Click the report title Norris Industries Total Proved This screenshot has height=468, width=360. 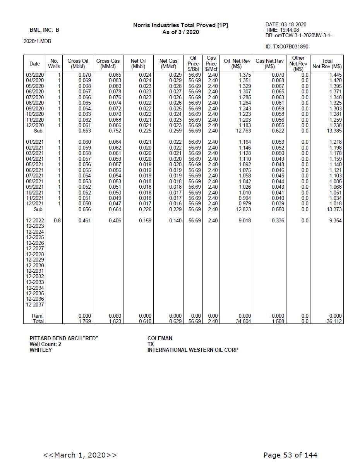[180, 25]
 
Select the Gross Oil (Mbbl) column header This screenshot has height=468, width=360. [77, 64]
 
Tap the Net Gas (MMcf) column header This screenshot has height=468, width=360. [168, 64]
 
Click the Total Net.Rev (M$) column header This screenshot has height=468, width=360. [327, 64]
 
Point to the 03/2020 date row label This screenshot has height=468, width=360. [35, 75]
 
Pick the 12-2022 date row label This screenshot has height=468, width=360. [35, 220]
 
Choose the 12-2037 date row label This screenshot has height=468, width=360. [35, 305]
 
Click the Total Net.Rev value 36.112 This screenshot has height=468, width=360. [334, 321]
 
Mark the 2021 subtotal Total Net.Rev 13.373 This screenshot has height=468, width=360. [334, 209]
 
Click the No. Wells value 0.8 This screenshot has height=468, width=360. [57, 220]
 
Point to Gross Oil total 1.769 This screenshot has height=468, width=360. [84, 321]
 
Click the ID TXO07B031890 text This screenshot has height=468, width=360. [287, 47]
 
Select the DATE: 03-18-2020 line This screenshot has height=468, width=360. [286, 25]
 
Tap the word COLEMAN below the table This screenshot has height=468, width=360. [160, 338]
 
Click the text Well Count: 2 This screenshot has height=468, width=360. [45, 344]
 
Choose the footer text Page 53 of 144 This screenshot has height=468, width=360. [290, 455]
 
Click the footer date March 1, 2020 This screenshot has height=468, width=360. [80, 455]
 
